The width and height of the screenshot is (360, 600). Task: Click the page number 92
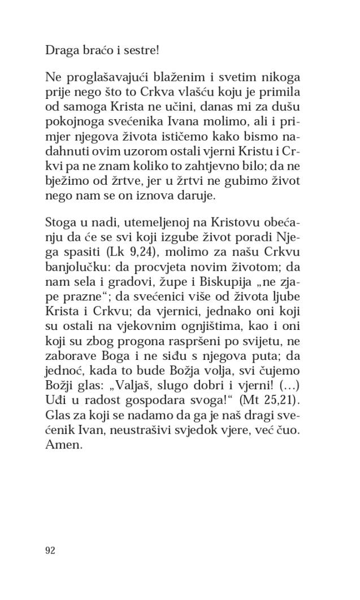[50, 551]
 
